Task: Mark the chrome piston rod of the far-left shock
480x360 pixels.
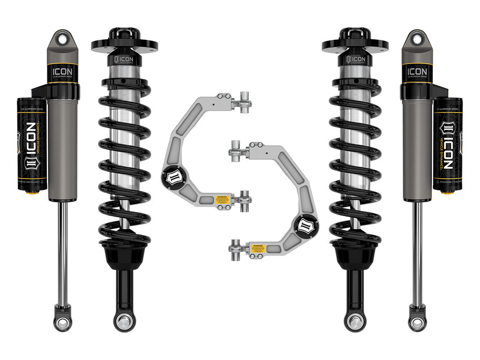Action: click(63, 253)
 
